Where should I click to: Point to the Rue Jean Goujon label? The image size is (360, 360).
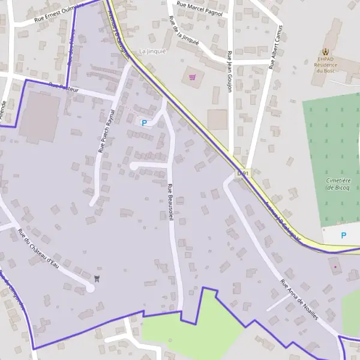pos(229,71)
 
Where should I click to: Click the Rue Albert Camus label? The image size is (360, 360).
pos(276,49)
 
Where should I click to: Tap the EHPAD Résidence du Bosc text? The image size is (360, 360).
pos(327,65)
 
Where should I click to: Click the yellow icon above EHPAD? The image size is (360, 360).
pos(326,52)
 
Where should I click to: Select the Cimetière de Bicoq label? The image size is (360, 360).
pos(338,184)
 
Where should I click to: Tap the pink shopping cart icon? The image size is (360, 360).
pos(193,77)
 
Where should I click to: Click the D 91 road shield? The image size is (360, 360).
pos(242,173)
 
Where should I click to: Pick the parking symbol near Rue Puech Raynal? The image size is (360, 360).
pos(144,122)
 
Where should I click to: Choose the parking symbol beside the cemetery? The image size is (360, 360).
pos(343,235)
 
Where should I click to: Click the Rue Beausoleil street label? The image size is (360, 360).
pos(170,203)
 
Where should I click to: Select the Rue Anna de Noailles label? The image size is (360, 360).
pos(299,299)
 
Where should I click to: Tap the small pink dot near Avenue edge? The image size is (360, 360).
pos(335,266)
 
